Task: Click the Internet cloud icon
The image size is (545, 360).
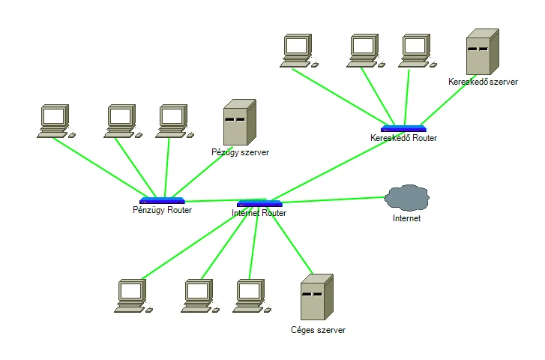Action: click(406, 197)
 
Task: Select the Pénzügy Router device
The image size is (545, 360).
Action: click(162, 201)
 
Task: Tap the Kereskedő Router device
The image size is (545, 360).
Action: click(403, 129)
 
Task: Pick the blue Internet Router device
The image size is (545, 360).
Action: click(259, 203)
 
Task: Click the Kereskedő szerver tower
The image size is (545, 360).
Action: click(483, 52)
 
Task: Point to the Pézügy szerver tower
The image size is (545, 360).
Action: click(239, 122)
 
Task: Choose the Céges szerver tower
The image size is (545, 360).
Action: click(316, 297)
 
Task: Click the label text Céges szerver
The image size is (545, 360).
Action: click(318, 330)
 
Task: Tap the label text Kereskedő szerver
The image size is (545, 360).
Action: click(483, 82)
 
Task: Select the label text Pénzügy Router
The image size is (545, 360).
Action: click(163, 210)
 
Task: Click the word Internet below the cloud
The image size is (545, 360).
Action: click(406, 218)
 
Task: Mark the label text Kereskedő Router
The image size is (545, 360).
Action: click(403, 138)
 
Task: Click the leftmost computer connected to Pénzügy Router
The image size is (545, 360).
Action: click(56, 121)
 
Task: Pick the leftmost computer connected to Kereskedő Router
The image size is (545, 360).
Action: click(299, 51)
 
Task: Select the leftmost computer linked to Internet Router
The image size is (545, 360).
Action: click(133, 296)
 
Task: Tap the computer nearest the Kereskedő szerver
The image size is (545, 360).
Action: click(418, 51)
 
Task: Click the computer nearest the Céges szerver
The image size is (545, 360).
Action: click(252, 296)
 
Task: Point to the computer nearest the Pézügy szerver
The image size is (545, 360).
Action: click(175, 121)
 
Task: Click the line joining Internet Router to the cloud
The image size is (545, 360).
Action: click(333, 199)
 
